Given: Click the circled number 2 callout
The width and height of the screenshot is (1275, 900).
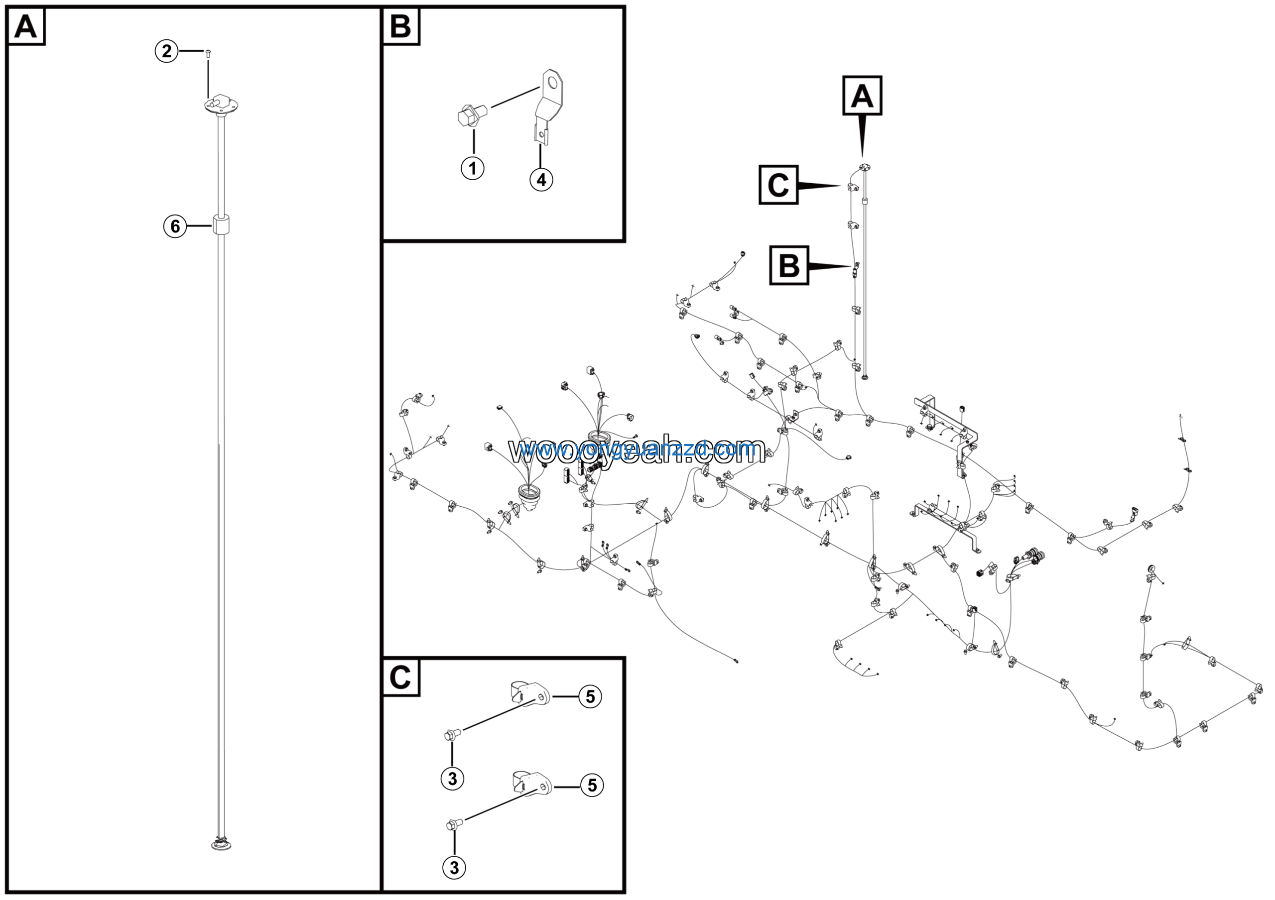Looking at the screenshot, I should (x=166, y=52).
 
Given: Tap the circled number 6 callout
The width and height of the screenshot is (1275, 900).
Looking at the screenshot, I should (x=175, y=226).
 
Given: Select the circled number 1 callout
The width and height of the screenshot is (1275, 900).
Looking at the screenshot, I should (x=473, y=168).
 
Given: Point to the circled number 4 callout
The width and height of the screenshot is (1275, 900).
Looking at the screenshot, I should (x=541, y=179).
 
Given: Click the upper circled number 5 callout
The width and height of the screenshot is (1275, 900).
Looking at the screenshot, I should (x=590, y=696).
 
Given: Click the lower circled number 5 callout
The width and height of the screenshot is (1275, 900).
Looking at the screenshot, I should (x=592, y=785).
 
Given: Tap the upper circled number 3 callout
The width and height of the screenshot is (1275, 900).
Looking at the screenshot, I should (x=453, y=778).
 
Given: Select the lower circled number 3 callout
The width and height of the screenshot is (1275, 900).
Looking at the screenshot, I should (x=454, y=867).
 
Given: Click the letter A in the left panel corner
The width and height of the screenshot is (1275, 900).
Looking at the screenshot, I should (x=25, y=27).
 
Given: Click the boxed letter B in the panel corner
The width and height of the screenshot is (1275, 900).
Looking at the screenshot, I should (x=401, y=27).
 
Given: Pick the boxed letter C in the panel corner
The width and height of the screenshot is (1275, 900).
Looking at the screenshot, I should (x=400, y=677).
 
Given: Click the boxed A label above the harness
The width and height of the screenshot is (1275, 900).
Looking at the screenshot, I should (x=862, y=96).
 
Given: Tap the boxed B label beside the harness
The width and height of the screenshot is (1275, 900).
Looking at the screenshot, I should (x=789, y=266).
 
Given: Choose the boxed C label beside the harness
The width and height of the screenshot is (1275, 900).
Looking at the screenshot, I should (x=778, y=185).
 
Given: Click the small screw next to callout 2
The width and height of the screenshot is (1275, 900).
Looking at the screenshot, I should (x=208, y=53).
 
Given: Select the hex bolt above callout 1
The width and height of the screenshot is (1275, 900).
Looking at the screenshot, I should (x=469, y=115).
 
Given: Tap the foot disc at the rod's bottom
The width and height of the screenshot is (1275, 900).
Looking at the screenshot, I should (x=222, y=845).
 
